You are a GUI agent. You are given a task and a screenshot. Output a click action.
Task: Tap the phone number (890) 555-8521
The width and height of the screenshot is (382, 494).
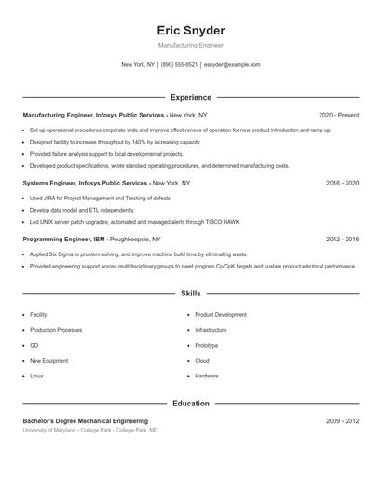click(179, 65)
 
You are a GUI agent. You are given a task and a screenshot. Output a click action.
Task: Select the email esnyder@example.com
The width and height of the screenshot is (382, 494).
click(232, 65)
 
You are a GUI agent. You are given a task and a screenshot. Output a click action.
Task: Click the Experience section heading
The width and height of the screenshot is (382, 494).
click(190, 97)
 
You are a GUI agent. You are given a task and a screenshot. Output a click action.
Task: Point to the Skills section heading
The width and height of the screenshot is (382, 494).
click(190, 294)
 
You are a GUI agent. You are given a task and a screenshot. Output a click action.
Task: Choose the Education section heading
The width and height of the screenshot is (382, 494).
click(190, 404)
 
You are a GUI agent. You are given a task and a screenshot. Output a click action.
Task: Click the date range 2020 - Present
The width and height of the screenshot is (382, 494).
click(338, 115)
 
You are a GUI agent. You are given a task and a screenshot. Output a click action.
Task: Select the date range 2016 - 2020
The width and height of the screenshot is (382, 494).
click(342, 184)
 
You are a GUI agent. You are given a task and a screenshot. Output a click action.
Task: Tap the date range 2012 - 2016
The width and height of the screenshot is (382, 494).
click(342, 240)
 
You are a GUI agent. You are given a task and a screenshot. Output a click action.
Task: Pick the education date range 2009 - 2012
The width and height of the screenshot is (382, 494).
click(342, 421)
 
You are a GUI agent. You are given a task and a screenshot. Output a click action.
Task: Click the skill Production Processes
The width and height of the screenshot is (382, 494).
click(56, 330)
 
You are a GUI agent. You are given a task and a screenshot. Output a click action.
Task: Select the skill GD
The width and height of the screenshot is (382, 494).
click(34, 345)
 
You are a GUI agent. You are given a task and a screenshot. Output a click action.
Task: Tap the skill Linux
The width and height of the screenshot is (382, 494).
click(36, 376)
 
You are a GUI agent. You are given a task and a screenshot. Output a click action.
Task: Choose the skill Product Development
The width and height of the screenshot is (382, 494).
click(221, 315)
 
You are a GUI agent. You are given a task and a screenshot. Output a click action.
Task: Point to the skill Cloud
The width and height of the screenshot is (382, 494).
click(201, 361)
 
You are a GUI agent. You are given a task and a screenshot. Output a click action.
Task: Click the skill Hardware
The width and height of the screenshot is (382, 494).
click(206, 376)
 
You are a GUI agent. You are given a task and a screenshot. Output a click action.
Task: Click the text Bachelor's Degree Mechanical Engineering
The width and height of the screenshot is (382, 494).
click(85, 421)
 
